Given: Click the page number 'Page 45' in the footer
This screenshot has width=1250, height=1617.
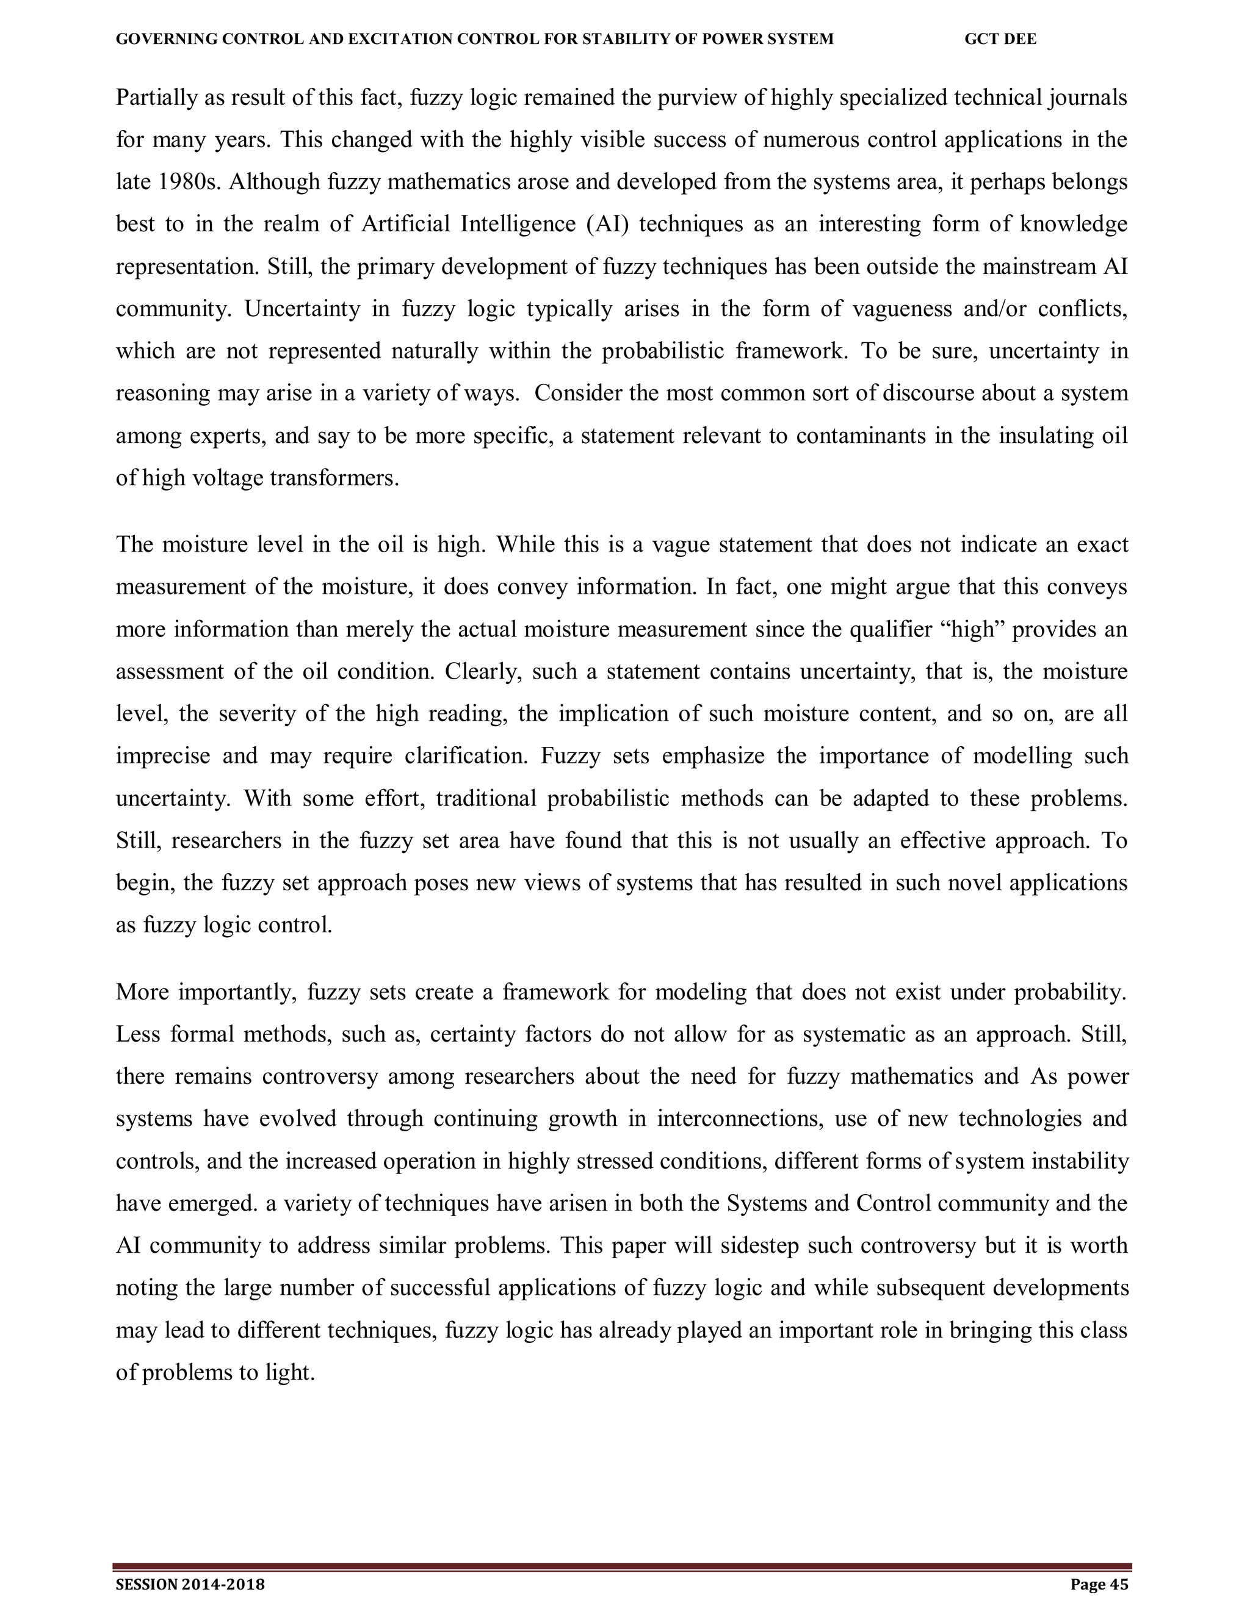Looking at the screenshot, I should (x=1099, y=1585).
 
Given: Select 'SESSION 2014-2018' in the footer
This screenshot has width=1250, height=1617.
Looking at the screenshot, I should (x=190, y=1585).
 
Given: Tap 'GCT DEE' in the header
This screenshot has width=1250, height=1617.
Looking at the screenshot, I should (x=1000, y=39).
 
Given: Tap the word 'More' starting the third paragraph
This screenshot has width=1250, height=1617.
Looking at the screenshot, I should (x=142, y=992).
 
